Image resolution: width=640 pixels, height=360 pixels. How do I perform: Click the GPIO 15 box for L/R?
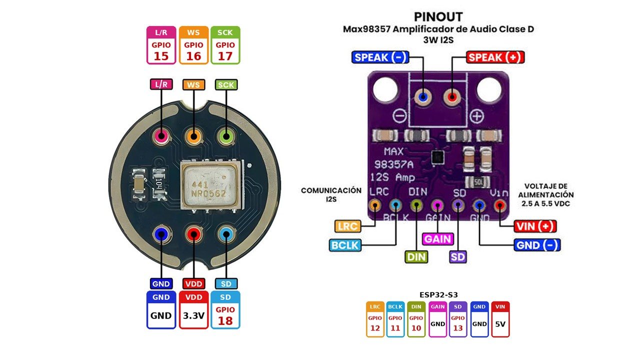161,45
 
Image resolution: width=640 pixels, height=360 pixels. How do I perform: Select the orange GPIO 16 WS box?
193,45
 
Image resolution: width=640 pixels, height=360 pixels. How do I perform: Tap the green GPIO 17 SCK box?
225,45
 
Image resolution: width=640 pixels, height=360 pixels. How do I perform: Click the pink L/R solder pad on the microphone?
161,136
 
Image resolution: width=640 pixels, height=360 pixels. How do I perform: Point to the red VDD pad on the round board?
193,234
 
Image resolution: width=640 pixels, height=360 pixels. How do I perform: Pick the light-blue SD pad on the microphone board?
226,234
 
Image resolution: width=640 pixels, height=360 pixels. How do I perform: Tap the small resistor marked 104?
159,183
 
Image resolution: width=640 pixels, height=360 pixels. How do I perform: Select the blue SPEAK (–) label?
380,57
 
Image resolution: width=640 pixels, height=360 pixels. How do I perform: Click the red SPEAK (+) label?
495,57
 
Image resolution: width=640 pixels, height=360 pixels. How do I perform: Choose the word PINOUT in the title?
438,17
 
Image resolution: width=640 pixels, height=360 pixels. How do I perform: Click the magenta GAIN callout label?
437,239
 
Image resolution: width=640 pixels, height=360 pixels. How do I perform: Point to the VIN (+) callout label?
535,226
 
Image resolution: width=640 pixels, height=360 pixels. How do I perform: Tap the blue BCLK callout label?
345,245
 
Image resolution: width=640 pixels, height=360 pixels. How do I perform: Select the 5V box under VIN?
500,319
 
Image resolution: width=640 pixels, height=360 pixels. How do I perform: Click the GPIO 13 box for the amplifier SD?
458,319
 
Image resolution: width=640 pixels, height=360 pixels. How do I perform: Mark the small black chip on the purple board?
437,157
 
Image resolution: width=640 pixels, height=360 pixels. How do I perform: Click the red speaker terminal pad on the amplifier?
451,97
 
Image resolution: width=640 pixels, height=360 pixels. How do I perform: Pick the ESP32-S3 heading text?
438,294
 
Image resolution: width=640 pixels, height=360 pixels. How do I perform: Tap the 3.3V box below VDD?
193,310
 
